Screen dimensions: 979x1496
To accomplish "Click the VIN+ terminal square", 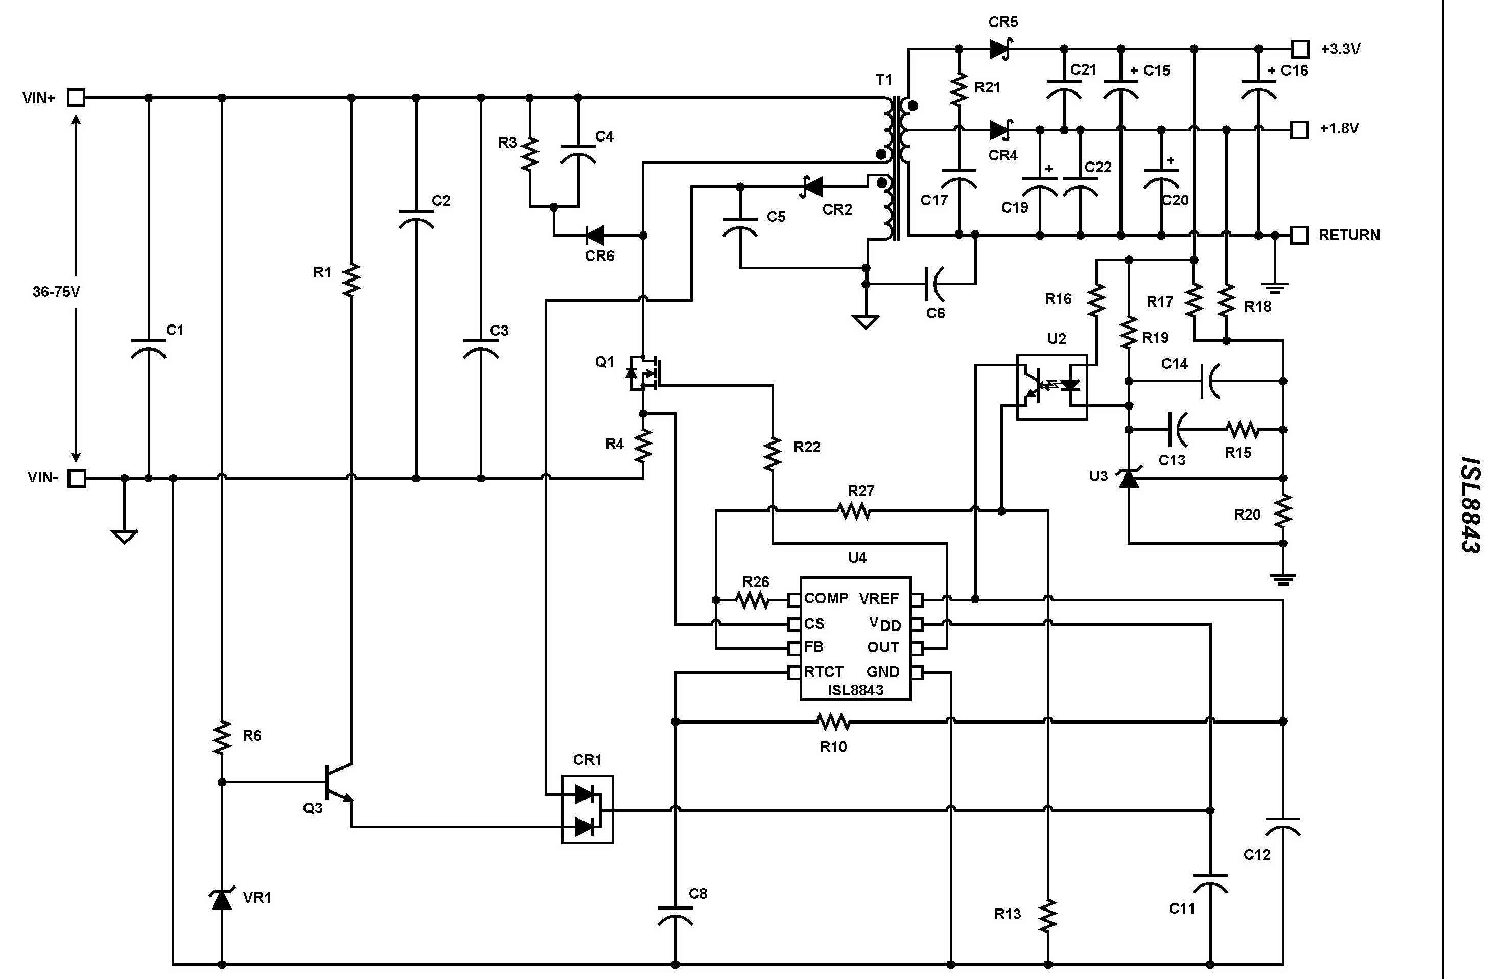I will point(76,98).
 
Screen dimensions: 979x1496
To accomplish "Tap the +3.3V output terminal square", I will point(1300,49).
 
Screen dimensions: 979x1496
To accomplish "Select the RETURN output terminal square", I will point(1299,235).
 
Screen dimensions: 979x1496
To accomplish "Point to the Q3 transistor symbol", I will point(336,783).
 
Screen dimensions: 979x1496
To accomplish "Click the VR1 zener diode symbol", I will point(221,899).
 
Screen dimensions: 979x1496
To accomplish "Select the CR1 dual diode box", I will point(587,809).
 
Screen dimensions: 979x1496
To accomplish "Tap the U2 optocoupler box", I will point(1051,387).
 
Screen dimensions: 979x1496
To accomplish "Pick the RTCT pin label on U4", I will point(824,672).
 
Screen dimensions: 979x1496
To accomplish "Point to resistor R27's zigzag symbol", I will point(855,512).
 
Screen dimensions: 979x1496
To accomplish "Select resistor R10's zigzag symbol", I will point(833,722).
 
